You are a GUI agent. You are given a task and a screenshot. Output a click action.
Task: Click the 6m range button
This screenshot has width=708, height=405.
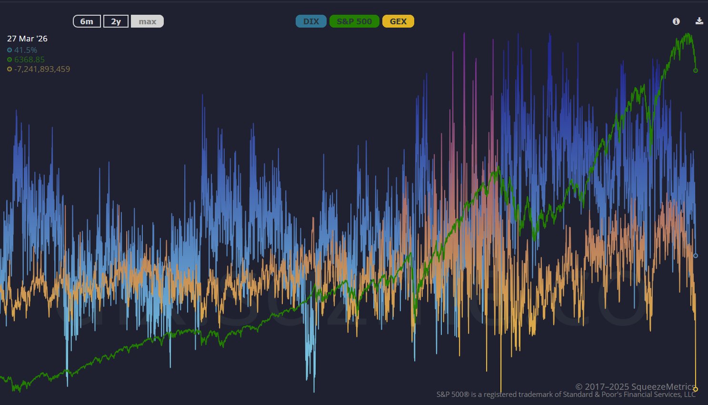(x=87, y=21)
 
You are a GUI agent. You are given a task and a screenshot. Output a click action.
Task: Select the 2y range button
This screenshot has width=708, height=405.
(x=116, y=21)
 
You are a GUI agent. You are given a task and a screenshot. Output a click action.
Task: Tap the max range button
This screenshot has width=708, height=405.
(x=147, y=21)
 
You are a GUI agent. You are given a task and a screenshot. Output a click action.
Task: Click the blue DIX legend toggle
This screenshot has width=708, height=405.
(x=311, y=21)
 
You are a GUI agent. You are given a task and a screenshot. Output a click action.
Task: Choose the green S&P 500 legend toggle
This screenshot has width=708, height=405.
(x=354, y=21)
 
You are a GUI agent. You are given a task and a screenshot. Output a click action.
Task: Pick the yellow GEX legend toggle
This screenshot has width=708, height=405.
(x=398, y=21)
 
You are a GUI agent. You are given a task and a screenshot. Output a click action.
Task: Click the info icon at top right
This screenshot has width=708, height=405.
(x=676, y=21)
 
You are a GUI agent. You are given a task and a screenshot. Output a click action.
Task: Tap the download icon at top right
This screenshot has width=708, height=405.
(x=699, y=21)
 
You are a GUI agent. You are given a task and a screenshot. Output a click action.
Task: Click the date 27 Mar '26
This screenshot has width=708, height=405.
(x=27, y=39)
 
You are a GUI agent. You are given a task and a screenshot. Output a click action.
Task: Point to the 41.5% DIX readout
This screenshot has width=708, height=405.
(x=26, y=50)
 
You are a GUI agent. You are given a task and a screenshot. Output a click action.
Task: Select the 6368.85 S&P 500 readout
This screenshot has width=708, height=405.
(x=30, y=59)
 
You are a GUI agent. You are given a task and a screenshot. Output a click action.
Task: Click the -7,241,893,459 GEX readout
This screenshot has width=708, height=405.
(x=42, y=69)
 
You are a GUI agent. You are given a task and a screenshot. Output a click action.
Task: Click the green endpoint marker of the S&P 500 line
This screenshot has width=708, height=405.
(x=696, y=70)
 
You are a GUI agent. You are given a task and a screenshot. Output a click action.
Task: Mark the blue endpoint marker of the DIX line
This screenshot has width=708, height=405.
(x=696, y=256)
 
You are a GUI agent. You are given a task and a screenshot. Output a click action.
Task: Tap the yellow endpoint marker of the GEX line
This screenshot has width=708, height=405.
(x=696, y=389)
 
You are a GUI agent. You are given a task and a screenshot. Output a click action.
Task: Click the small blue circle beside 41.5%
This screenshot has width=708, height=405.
(x=10, y=50)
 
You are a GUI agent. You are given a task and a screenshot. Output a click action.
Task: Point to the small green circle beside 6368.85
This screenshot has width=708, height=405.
(x=10, y=59)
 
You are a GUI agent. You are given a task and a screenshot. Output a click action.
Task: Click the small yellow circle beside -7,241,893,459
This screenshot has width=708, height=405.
(x=10, y=69)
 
